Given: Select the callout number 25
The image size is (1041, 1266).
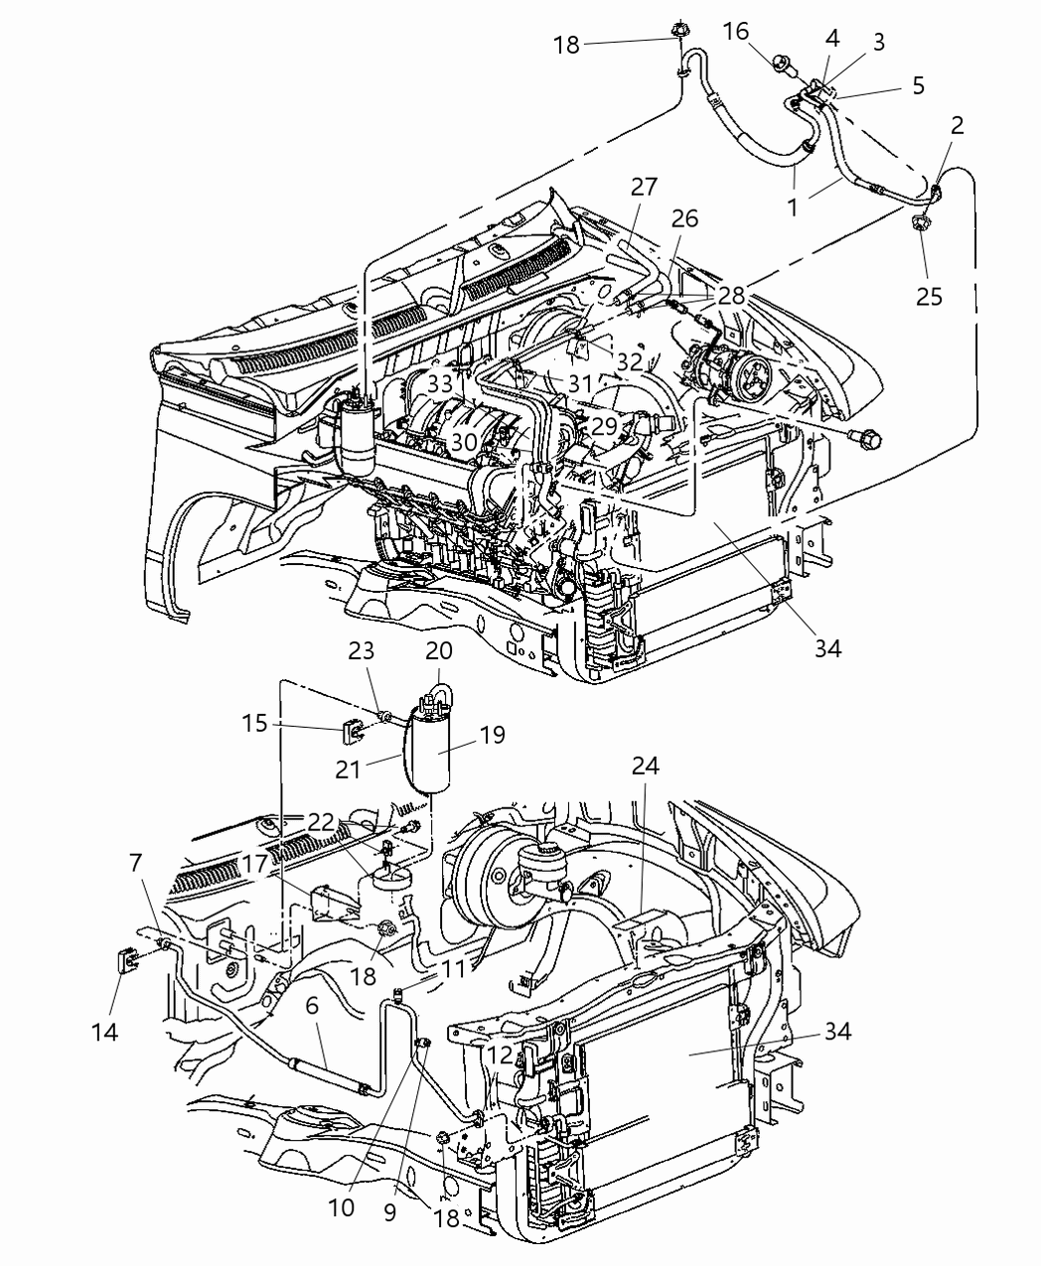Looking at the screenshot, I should pos(929,296).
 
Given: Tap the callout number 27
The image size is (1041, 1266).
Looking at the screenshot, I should pos(644,187).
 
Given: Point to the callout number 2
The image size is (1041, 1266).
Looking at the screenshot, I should pos(957,125).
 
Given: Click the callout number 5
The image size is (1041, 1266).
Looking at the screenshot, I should pos(917,85).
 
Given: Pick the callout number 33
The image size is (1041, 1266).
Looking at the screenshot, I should pos(440,384).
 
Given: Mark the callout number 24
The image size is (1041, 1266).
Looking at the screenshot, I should pos(644,766).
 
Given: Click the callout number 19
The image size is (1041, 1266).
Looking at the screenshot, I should pos(492,735).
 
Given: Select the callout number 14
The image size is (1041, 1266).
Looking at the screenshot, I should pos(105,1032).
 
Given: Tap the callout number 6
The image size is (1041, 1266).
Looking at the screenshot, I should pos(311,1005).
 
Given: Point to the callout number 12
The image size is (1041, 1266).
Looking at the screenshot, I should pos(500,1055).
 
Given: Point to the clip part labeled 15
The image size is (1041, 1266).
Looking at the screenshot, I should pos(353,733).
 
